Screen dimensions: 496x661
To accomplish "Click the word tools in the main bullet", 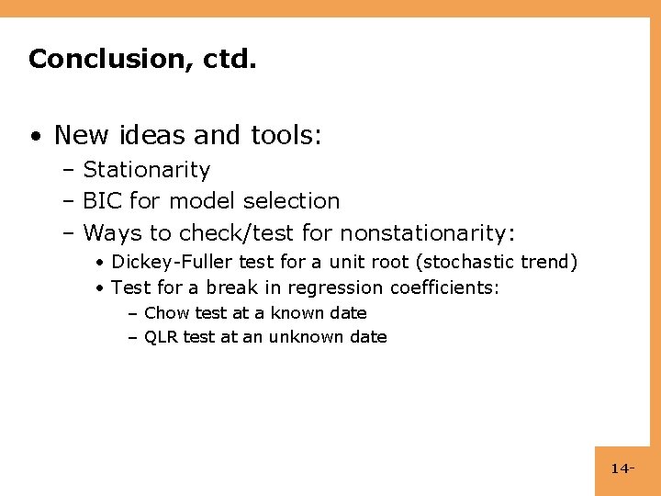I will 286,135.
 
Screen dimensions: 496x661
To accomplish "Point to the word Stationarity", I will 147,170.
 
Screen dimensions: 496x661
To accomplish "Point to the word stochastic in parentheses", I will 468,263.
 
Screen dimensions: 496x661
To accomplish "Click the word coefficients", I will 444,287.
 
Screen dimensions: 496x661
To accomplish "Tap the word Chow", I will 164,313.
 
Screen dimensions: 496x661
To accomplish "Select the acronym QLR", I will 162,337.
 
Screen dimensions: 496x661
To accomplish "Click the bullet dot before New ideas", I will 34,137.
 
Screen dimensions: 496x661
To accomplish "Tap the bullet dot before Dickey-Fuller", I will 98,264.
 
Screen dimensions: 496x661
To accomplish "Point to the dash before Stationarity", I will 69,171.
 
